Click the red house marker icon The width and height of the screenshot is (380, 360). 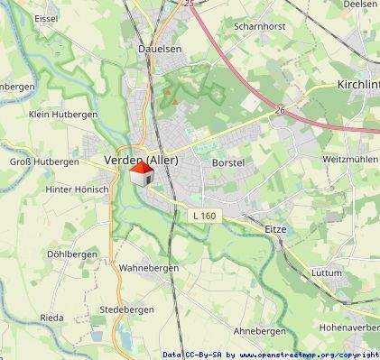tap(141, 174)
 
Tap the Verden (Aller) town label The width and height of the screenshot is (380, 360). tap(141, 160)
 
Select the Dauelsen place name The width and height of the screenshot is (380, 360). tap(162, 49)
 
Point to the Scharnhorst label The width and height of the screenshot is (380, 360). tap(259, 26)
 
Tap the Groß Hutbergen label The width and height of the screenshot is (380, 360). tap(44, 162)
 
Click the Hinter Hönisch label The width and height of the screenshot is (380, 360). tap(77, 189)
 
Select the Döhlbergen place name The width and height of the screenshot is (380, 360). tap(71, 254)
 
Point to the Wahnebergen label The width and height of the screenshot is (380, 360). tap(149, 268)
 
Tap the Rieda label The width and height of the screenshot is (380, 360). tap(51, 318)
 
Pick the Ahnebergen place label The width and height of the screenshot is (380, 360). tap(259, 331)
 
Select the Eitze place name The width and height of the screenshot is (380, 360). tap(275, 229)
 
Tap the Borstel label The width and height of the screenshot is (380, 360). tap(227, 162)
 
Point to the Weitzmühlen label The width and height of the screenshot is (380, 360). tap(348, 159)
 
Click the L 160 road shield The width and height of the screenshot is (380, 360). tap(205, 216)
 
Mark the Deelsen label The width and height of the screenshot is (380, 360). tap(361, 5)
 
